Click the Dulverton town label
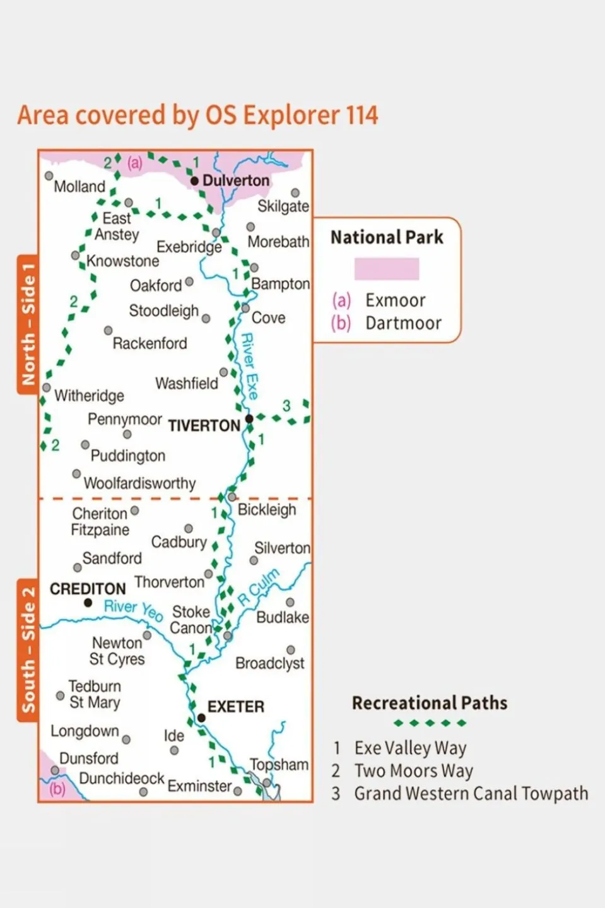pyautogui.click(x=235, y=180)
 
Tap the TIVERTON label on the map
pyautogui.click(x=204, y=426)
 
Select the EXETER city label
pyautogui.click(x=236, y=707)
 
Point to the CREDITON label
pyautogui.click(x=88, y=589)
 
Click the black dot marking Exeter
pyautogui.click(x=201, y=718)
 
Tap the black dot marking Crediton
pyautogui.click(x=88, y=603)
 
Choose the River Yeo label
pyautogui.click(x=133, y=610)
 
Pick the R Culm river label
pyautogui.click(x=258, y=587)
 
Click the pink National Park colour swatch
pyautogui.click(x=386, y=269)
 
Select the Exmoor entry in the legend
pyautogui.click(x=395, y=300)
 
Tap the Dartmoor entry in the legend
pyautogui.click(x=402, y=323)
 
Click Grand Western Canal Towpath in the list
pyautogui.click(x=471, y=793)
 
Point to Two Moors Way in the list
pyautogui.click(x=413, y=770)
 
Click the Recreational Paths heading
pyautogui.click(x=430, y=703)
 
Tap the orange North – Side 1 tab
pyautogui.click(x=28, y=324)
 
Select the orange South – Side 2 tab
pyautogui.click(x=28, y=650)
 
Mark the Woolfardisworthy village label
pyautogui.click(x=139, y=483)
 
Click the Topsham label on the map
pyautogui.click(x=279, y=765)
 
